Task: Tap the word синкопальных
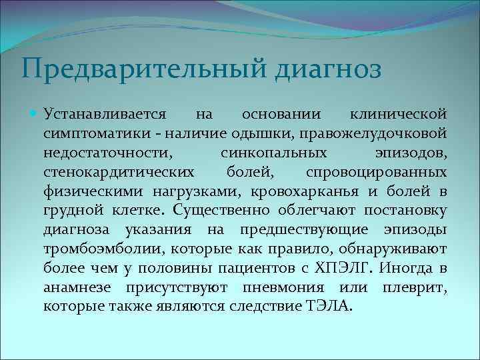click(260, 152)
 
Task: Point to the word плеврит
click(415, 288)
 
